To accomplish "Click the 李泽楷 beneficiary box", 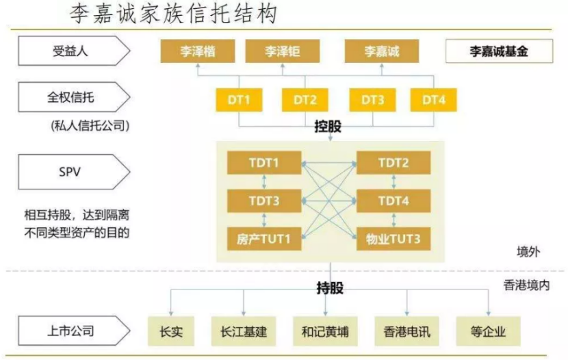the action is coord(198,51).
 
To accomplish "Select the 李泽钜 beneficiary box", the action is coord(283,51).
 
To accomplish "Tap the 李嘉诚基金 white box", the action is coord(499,51).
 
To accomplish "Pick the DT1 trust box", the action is coord(239,100).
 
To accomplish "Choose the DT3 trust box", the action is coord(372,100).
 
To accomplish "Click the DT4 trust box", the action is coord(434,100).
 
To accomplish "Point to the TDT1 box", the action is coord(264,163).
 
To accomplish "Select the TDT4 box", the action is coord(393,201).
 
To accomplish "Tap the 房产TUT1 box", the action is coord(264,239).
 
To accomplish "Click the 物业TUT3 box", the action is coord(393,239).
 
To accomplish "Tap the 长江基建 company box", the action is coord(244,331).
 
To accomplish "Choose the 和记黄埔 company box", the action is coord(325,331).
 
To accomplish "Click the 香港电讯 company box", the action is coord(406,331).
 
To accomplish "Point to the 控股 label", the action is coord(328,127).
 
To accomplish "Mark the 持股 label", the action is coord(330,288).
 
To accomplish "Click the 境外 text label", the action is coord(528,251).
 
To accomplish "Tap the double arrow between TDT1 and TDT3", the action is coord(264,182).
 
